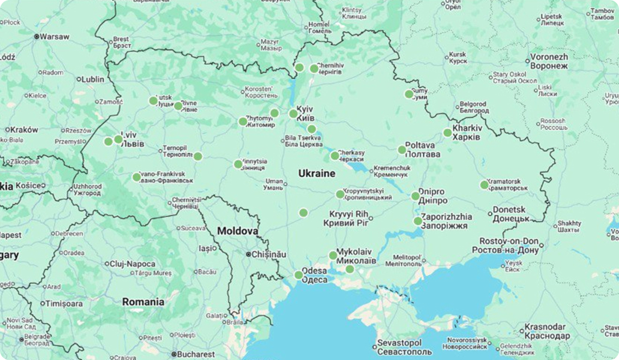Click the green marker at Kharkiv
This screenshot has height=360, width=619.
[447, 133]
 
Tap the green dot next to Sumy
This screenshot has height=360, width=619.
[409, 94]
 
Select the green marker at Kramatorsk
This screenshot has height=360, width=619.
[484, 185]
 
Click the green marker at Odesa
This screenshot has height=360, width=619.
[299, 275]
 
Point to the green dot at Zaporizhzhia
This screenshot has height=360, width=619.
[418, 221]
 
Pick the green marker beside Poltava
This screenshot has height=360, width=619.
[402, 149]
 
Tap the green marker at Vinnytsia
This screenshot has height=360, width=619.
[238, 164]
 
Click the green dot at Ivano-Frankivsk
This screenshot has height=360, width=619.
[137, 177]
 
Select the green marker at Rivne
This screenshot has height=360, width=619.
[178, 106]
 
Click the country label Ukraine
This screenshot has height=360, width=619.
[317, 173]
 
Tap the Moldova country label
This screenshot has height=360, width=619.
[238, 230]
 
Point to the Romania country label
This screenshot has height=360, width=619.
[143, 302]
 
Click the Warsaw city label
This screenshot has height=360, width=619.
[54, 37]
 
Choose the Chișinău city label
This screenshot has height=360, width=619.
[269, 254]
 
